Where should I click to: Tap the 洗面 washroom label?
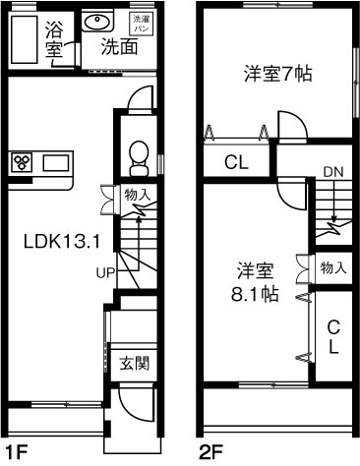(x=117, y=46)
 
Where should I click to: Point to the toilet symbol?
(x=139, y=155)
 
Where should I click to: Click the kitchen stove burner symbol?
(x=23, y=162)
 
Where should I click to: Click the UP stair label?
(x=106, y=272)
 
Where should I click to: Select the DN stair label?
(x=331, y=172)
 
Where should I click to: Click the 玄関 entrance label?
(x=132, y=362)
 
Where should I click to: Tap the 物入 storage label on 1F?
(x=137, y=195)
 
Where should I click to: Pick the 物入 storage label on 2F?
(x=333, y=266)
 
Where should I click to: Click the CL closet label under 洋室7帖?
(x=235, y=162)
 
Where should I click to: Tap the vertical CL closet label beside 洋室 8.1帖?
(x=333, y=336)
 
